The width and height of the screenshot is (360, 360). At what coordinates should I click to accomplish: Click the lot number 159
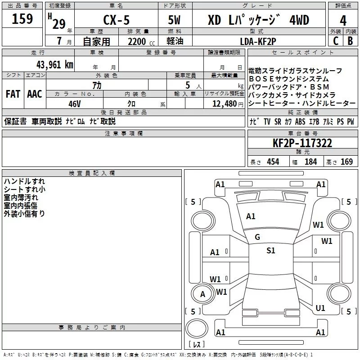tap(22, 19)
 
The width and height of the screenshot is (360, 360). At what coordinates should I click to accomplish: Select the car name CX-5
tap(116, 21)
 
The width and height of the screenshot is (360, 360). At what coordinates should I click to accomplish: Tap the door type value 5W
tap(175, 21)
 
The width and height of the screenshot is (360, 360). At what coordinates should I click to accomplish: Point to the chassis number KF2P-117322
tap(302, 143)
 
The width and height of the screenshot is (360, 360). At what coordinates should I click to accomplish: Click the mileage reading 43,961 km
tap(50, 64)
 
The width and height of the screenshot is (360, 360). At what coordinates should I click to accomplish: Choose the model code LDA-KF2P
tap(258, 41)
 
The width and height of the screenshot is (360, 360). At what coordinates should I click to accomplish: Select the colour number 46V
tap(74, 103)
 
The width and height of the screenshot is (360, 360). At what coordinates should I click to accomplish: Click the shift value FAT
tap(13, 94)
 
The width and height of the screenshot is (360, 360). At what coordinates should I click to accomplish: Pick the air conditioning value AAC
tap(35, 94)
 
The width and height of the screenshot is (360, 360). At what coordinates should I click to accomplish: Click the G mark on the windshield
tap(257, 237)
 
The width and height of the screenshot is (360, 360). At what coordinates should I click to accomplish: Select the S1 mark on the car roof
tap(270, 251)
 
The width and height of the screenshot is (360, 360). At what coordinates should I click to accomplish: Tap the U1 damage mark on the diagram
tap(320, 308)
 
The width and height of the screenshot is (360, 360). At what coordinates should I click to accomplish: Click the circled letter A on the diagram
tap(202, 294)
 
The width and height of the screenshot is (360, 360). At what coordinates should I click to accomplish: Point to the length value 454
tap(273, 162)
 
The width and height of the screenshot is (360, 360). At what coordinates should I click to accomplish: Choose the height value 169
tap(346, 162)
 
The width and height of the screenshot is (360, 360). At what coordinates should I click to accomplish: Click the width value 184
tap(310, 162)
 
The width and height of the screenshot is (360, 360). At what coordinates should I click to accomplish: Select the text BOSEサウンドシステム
tap(288, 79)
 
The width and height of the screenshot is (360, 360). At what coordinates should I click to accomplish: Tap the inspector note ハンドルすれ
tap(24, 181)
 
